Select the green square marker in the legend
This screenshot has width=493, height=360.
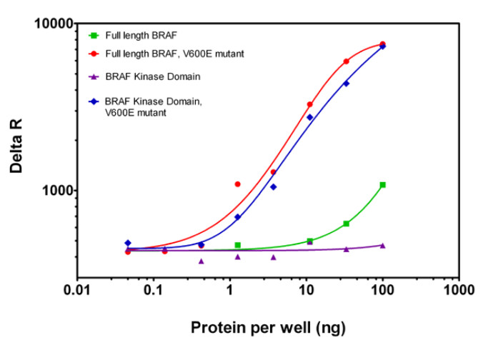coord(92,35)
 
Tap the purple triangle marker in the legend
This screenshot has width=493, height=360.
coord(92,76)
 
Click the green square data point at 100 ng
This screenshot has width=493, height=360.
coord(383,185)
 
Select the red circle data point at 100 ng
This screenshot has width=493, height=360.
coord(383,44)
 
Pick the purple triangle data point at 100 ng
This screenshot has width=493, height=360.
coord(383,245)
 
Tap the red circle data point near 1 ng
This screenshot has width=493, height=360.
coord(237,184)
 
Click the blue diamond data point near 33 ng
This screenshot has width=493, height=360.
coord(347,84)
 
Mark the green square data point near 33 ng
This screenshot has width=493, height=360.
coord(347,224)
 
